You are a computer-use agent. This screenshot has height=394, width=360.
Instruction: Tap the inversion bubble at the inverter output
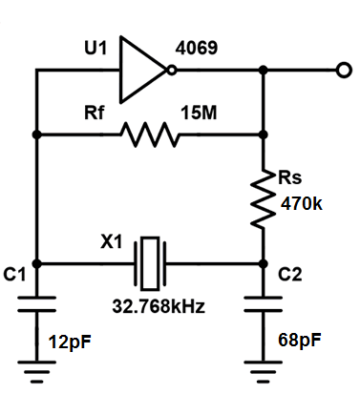tap(172, 70)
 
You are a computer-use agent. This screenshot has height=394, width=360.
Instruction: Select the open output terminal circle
tap(344, 70)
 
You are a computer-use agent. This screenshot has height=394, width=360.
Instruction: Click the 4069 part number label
tap(197, 48)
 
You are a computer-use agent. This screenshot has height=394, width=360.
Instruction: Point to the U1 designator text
tap(95, 48)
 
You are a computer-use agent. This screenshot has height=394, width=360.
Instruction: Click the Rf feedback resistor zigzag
tap(150, 135)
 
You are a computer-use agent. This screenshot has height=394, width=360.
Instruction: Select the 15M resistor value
tap(199, 113)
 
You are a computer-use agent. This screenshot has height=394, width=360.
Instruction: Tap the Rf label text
tap(94, 113)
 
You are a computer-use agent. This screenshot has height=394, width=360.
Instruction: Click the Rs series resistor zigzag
tap(264, 199)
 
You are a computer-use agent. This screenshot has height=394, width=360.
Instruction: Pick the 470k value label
tap(301, 203)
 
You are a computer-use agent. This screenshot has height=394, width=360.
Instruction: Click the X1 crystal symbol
tap(150, 263)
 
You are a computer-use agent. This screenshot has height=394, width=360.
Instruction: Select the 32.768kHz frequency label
tap(159, 306)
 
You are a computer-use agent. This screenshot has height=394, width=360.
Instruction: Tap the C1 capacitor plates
tap(36, 304)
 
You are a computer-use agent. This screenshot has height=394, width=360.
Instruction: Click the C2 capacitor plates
tap(264, 304)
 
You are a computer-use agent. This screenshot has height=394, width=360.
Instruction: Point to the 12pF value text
tap(70, 342)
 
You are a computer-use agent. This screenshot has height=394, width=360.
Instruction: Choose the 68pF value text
tap(300, 341)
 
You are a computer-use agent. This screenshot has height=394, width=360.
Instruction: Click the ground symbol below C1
tap(36, 371)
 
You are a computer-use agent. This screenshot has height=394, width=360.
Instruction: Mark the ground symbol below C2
tap(264, 371)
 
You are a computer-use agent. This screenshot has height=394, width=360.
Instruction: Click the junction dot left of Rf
tap(37, 135)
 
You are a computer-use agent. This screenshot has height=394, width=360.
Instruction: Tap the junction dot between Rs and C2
tap(264, 263)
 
